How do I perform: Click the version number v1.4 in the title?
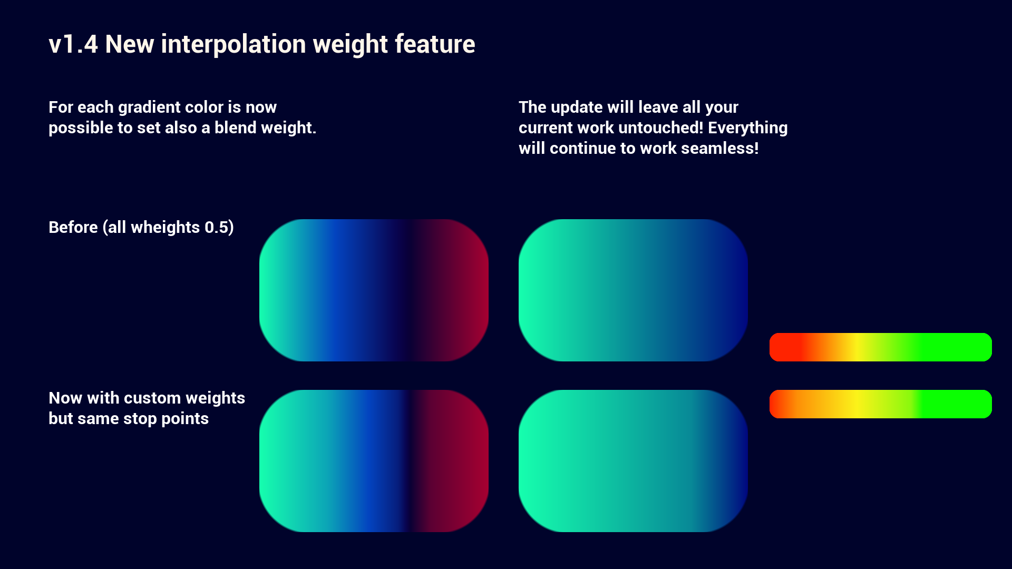coord(73,44)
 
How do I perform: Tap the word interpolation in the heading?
coord(233,44)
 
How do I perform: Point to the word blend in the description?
coord(237,127)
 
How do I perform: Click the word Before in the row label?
coord(73,227)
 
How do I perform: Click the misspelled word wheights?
coord(166,228)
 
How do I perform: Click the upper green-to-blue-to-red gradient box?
coord(374,290)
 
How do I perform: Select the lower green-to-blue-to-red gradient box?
coord(374,461)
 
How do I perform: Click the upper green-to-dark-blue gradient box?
coord(633,290)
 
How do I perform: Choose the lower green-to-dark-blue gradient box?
coord(633,461)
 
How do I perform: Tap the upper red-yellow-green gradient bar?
coord(881,347)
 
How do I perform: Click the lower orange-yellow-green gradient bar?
coord(881,404)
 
